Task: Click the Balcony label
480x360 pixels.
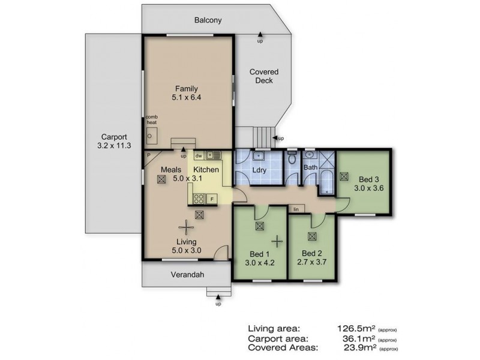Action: pos(208,20)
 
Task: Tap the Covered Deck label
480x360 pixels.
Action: pos(264,76)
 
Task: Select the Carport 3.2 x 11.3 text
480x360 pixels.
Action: pos(114,141)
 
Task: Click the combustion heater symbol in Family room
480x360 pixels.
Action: pos(151,136)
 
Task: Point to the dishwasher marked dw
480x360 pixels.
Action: pos(199,156)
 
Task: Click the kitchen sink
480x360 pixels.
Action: pos(213,155)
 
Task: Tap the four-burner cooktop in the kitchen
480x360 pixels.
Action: pos(199,199)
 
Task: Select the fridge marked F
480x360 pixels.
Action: pos(212,199)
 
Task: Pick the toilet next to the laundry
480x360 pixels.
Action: pos(292,157)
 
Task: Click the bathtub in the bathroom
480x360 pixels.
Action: pos(327,182)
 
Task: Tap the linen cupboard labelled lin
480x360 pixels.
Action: pos(296,209)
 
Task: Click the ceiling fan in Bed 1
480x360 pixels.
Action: pos(277,241)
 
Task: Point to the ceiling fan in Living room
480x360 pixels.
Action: pos(186,227)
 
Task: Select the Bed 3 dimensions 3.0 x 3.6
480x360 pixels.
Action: pos(368,188)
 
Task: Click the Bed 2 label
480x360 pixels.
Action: pos(311,253)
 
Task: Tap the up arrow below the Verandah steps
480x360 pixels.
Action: pos(218,296)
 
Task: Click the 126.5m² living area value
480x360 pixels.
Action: pos(356,328)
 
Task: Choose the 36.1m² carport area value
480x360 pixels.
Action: pos(359,338)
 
